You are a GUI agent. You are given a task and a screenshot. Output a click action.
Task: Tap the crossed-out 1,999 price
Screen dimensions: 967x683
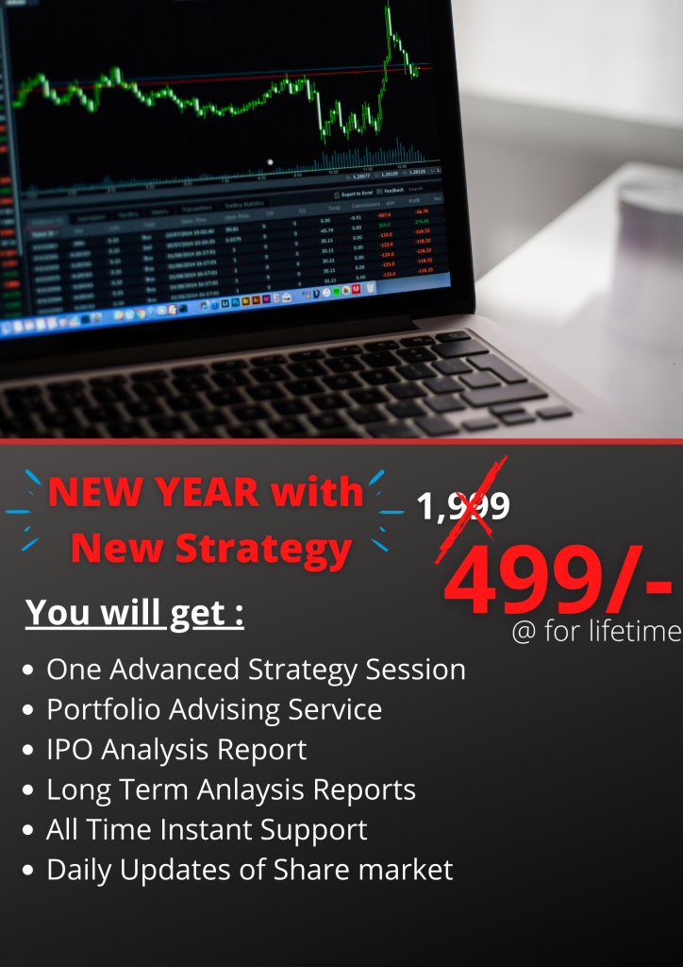(464, 507)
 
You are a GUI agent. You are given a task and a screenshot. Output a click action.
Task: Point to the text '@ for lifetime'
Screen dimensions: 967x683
(595, 631)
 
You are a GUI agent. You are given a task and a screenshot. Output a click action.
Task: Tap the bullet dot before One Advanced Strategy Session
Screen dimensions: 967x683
(29, 670)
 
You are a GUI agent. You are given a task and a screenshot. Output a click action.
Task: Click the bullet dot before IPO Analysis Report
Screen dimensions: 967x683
(29, 751)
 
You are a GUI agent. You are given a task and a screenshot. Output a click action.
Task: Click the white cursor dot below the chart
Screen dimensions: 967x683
(271, 162)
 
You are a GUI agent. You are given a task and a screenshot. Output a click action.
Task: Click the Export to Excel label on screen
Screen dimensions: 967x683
(358, 193)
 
